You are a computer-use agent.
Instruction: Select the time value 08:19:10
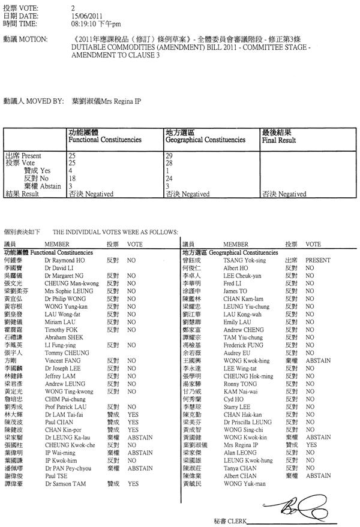pyautogui.click(x=84, y=24)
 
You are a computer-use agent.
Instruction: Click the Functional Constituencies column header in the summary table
pyautogui.click(x=105, y=140)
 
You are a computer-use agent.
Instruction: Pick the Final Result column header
pyautogui.click(x=279, y=140)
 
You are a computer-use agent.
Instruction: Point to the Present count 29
pyautogui.click(x=169, y=156)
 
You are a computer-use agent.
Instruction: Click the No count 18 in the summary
pyautogui.click(x=73, y=179)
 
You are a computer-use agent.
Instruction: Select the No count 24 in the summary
pyautogui.click(x=169, y=179)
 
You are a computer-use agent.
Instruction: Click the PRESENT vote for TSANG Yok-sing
pyautogui.click(x=317, y=261)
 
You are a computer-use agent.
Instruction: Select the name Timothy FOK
pyautogui.click(x=61, y=329)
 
